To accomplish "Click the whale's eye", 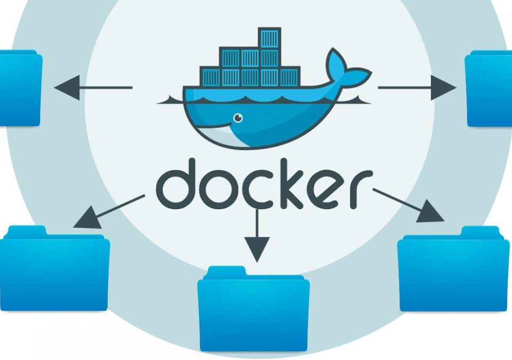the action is click(x=238, y=118).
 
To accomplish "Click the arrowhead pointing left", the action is click(x=67, y=87).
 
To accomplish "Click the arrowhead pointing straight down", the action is click(x=257, y=249).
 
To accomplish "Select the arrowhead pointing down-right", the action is click(x=431, y=212).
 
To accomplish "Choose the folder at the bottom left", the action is click(x=54, y=268).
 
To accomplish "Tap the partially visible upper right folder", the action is click(x=489, y=89).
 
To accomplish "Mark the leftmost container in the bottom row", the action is click(x=210, y=77).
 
